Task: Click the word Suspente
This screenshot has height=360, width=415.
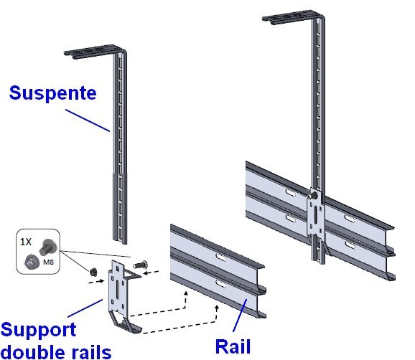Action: [x=52, y=93]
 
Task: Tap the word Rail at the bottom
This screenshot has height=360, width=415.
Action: [x=233, y=346]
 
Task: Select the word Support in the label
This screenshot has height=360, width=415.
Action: [x=39, y=330]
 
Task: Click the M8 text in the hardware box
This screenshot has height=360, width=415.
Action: [x=48, y=262]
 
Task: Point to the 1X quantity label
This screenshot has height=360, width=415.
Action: [x=26, y=242]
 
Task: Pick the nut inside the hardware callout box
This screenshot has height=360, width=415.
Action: [x=32, y=262]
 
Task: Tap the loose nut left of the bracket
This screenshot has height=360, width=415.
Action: [x=93, y=272]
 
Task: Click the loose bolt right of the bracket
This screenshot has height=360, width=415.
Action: [x=141, y=265]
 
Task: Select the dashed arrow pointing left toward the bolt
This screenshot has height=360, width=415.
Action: [x=151, y=272]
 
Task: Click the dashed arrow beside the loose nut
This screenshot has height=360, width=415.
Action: [x=95, y=281]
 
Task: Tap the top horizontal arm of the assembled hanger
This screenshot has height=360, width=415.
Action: [x=292, y=17]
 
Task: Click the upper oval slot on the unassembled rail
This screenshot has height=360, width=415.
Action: [x=220, y=257]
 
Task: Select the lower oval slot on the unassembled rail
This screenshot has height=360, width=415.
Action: [x=220, y=283]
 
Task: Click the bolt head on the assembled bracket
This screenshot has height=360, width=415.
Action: [x=314, y=196]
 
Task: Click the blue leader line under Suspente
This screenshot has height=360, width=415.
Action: [x=88, y=120]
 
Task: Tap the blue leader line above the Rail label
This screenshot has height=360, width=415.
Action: [x=240, y=316]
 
